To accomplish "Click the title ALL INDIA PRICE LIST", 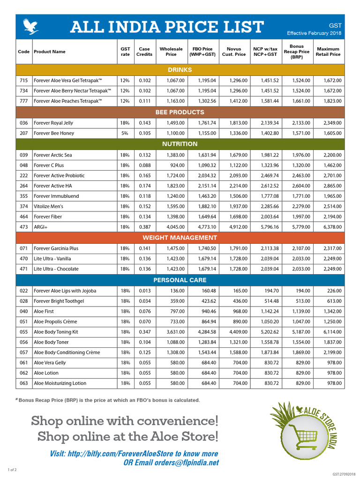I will click(x=166, y=27).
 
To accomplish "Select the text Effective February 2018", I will click(x=314, y=33).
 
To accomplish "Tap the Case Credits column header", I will click(x=144, y=52).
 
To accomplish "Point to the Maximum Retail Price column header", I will click(x=328, y=52).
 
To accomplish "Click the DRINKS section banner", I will click(x=180, y=70).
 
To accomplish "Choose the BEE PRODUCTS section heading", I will click(x=180, y=112).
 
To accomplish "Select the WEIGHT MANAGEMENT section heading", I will click(x=180, y=238).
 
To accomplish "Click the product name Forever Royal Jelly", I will click(x=53, y=123).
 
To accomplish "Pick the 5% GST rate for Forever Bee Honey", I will click(x=125, y=133).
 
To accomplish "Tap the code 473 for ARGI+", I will click(x=24, y=227).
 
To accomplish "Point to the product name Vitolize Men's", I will click(x=48, y=206).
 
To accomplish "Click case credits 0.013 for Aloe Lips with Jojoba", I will click(x=145, y=291).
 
